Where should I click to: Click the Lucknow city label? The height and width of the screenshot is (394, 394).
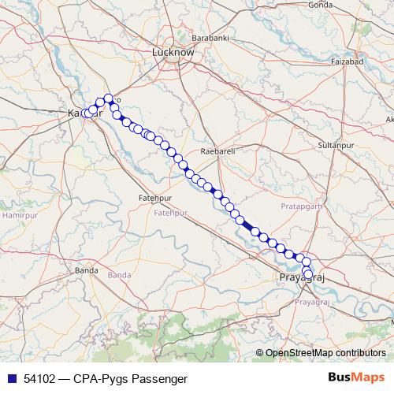click(173, 52)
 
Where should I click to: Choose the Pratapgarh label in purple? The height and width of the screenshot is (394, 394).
click(303, 206)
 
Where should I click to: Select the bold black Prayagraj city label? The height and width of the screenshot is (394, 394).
click(303, 279)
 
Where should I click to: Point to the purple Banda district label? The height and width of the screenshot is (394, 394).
click(119, 274)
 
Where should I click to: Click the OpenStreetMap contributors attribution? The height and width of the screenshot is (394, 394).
click(325, 354)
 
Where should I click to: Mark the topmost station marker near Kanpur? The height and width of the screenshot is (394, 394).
click(109, 98)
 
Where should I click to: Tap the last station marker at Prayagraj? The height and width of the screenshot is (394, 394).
click(307, 274)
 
